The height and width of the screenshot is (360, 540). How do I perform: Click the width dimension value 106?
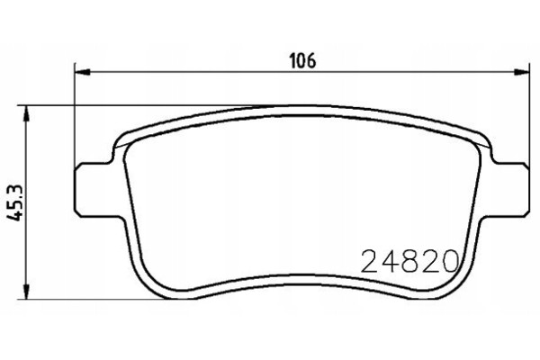[x=302, y=61]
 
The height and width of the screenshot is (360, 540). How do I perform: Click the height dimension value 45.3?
[x=15, y=202]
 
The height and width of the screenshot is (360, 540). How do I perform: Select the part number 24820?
[x=409, y=262]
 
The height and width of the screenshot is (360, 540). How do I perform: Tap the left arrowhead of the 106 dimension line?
[x=82, y=72]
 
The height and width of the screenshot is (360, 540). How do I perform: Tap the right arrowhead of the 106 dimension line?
[x=521, y=72]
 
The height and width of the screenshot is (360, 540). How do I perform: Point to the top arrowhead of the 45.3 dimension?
[x=26, y=113]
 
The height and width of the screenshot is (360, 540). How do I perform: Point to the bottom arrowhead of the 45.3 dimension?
[x=26, y=291]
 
